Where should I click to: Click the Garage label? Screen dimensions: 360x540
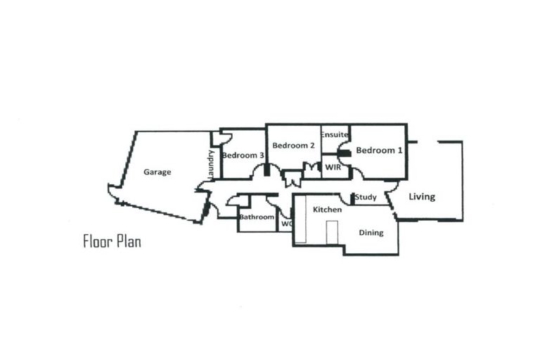click(x=157, y=172)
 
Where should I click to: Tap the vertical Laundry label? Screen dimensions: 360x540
click(x=210, y=164)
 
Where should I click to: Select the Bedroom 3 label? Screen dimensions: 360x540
click(x=243, y=155)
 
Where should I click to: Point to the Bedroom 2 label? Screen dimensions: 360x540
click(x=293, y=146)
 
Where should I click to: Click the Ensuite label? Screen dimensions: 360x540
click(x=335, y=134)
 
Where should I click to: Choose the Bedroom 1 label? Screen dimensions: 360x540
click(x=380, y=150)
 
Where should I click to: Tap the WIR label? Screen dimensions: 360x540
click(x=333, y=168)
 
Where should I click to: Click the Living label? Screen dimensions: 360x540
click(x=422, y=197)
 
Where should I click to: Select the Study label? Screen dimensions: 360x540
click(x=366, y=198)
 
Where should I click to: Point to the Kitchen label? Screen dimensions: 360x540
click(x=328, y=210)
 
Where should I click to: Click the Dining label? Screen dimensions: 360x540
click(x=371, y=233)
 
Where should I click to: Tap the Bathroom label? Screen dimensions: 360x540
click(x=256, y=217)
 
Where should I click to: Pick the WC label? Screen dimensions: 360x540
click(x=286, y=224)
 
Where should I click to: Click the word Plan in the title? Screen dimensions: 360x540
click(x=129, y=243)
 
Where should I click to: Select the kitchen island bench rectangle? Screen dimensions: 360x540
click(x=331, y=231)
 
